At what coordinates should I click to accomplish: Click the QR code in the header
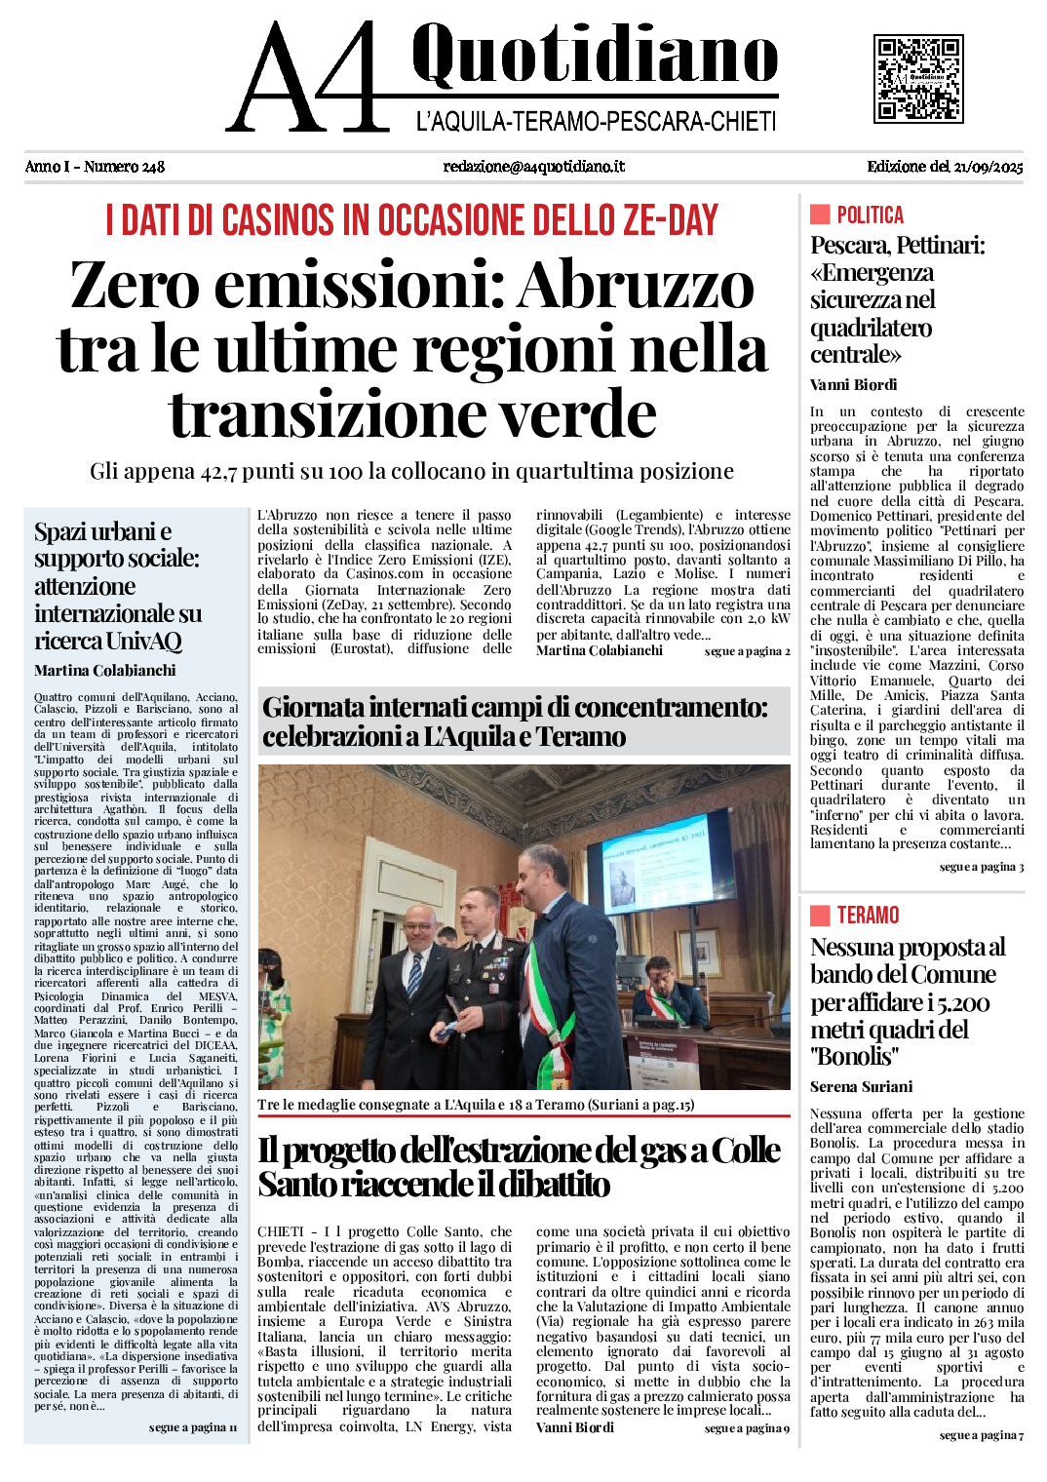(918, 79)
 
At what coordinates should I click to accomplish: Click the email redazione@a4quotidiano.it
(533, 167)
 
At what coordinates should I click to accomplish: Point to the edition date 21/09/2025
(988, 167)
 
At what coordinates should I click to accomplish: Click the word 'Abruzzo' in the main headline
(636, 287)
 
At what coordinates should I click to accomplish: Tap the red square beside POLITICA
(820, 214)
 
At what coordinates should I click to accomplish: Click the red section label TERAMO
(868, 915)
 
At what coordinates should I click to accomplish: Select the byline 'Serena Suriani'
(861, 1086)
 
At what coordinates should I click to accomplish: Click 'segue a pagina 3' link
(981, 867)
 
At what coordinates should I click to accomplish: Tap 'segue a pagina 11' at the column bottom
(192, 1427)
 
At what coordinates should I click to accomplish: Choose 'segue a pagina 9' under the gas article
(747, 1428)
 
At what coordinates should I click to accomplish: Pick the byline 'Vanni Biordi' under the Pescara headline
(853, 384)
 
